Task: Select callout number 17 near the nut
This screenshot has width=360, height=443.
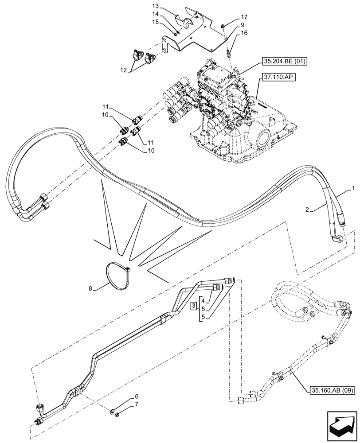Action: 244,17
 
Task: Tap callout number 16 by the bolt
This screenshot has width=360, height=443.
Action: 243,33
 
